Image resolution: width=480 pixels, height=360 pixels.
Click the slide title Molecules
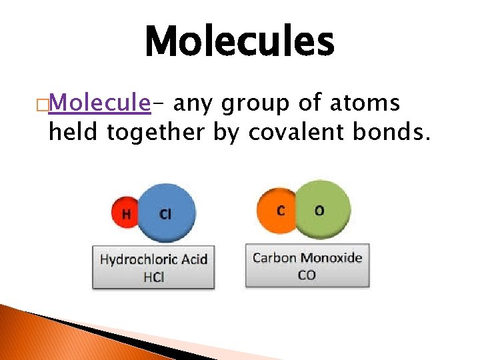[239, 41]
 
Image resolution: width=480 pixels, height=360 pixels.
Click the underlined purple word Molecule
[100, 103]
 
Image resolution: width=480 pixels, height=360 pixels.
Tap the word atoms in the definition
[369, 103]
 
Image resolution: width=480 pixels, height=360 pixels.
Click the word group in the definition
[257, 105]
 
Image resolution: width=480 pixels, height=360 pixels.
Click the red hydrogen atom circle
[125, 213]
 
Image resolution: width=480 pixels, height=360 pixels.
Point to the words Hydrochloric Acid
[153, 259]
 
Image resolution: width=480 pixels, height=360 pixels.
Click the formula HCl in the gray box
[153, 277]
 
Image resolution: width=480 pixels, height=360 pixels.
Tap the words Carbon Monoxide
[307, 258]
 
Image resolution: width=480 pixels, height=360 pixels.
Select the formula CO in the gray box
[307, 275]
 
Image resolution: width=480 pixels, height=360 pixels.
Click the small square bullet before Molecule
[43, 105]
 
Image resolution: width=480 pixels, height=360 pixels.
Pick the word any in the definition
[197, 105]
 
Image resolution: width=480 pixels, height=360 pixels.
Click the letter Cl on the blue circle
[165, 214]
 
